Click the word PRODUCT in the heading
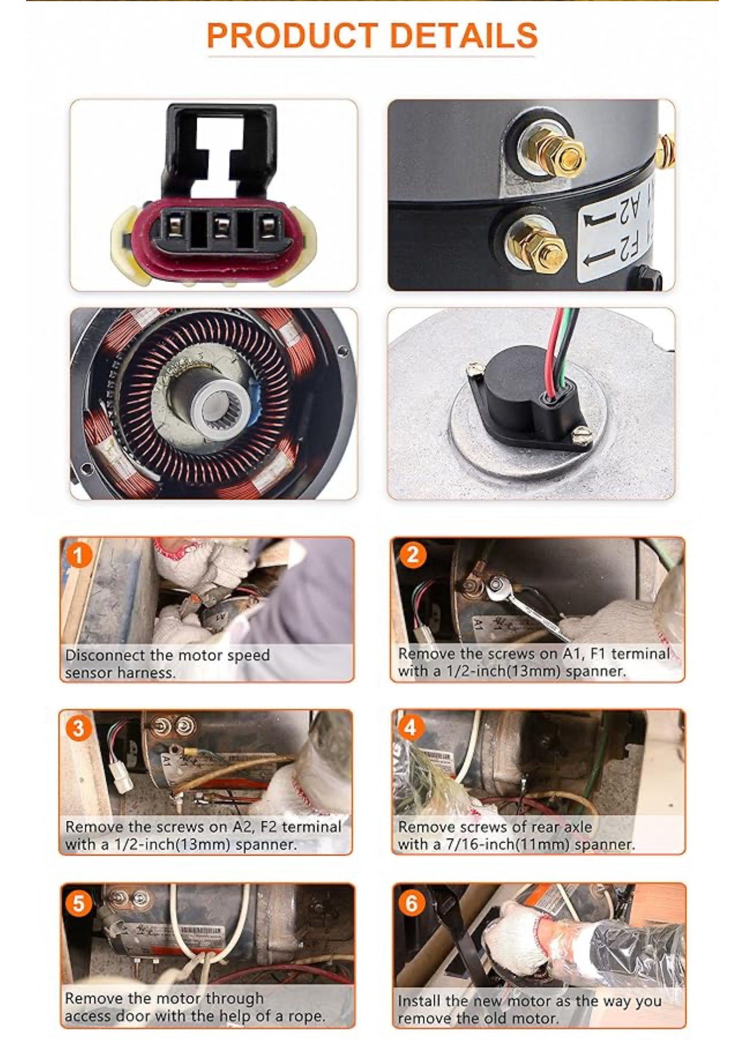coord(292,35)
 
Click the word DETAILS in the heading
coord(464,35)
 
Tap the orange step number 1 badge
coord(79,555)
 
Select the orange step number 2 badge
coord(413,555)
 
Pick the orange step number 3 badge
coord(79,727)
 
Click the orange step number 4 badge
coord(411,727)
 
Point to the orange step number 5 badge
coord(79,903)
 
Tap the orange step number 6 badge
coord(411,902)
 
